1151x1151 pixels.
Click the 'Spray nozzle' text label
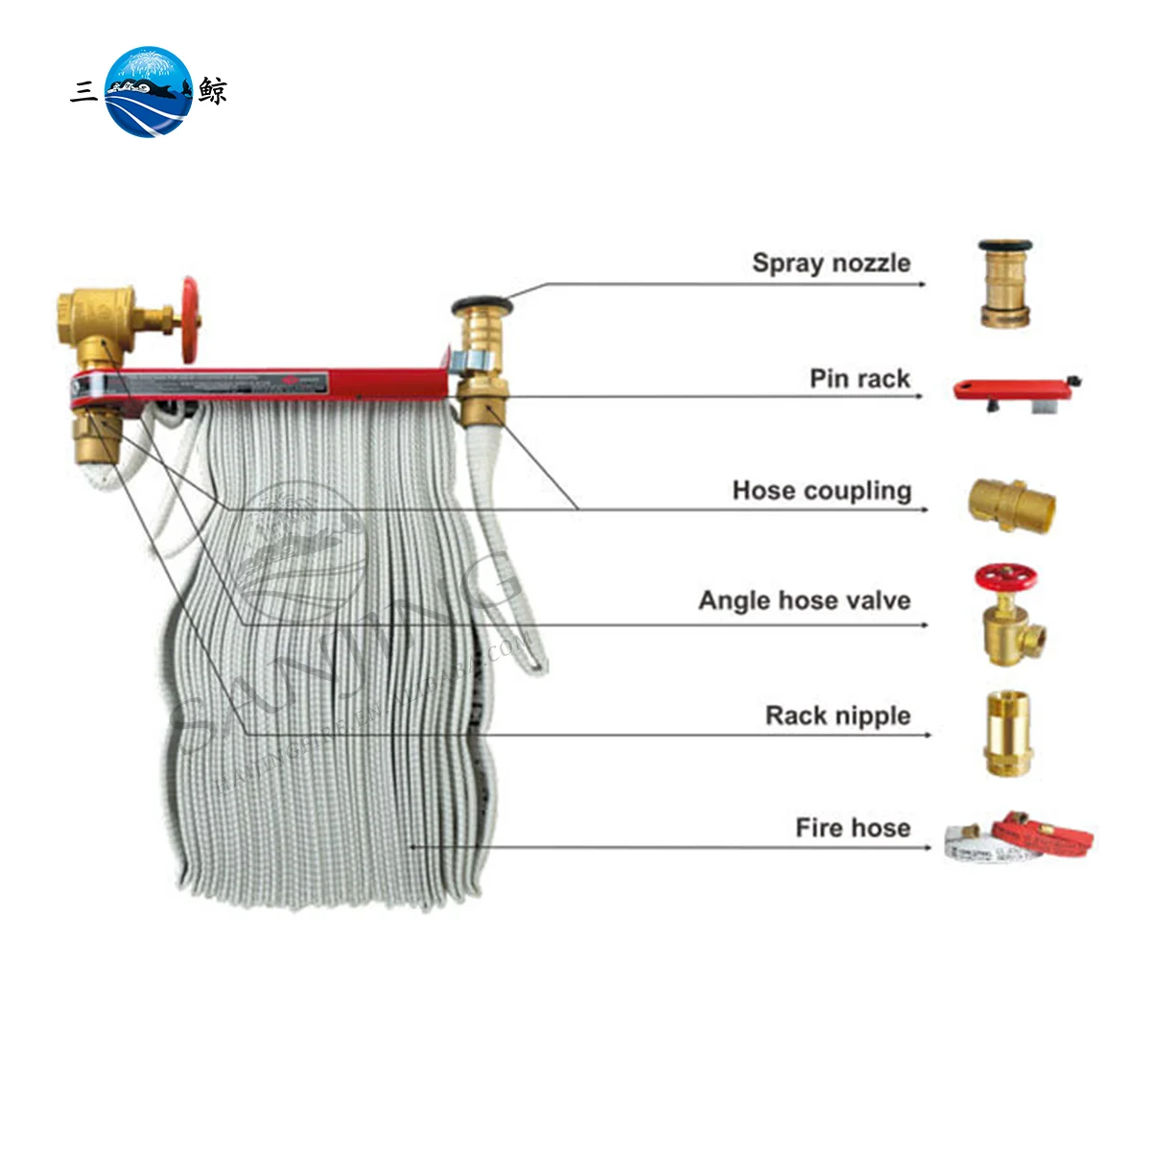tap(831, 263)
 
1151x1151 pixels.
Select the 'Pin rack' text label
tap(859, 379)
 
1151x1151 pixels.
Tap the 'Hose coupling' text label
tap(821, 491)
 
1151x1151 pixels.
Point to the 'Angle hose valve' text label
tap(804, 601)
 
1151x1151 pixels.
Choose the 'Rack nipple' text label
tap(837, 716)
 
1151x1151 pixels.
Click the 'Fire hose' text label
tap(853, 828)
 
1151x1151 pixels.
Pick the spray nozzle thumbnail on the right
tap(1005, 284)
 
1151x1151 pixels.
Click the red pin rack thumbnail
tap(1017, 390)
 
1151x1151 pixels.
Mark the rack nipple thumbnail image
tap(1009, 733)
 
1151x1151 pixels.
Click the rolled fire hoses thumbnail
tap(1017, 836)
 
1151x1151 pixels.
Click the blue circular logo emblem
tap(149, 92)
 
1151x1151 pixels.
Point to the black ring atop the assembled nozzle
tap(482, 307)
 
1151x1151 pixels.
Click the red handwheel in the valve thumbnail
tap(1006, 578)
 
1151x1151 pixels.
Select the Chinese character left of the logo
tap(84, 92)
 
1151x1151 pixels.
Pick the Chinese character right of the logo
tap(213, 92)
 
